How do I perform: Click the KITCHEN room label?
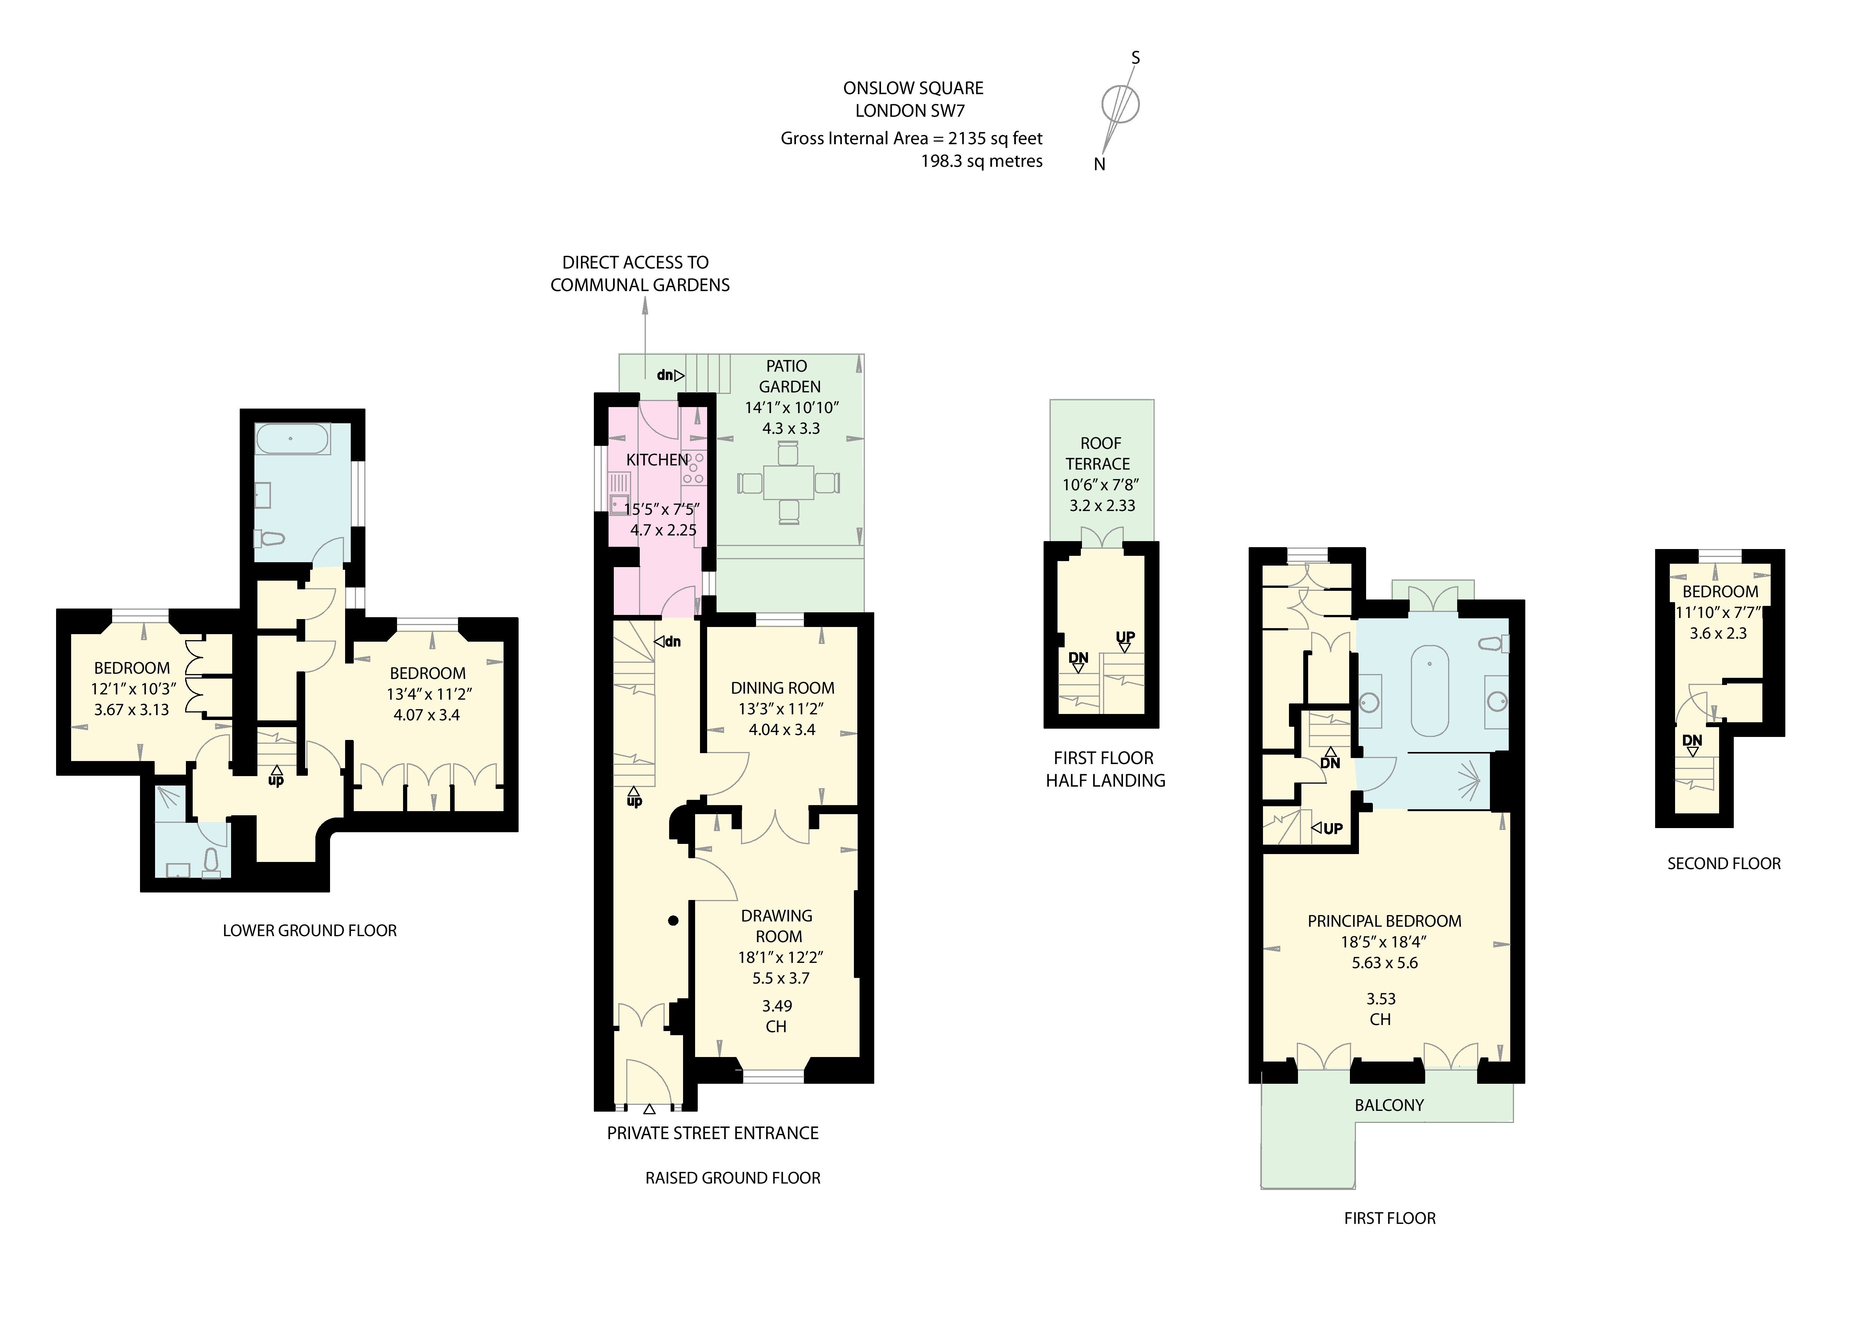coord(657,459)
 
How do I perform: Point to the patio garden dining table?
coord(788,482)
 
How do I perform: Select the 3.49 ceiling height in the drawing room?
coord(776,1006)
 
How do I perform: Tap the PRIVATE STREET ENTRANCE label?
coord(712,1133)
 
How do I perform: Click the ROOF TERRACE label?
coord(1099,453)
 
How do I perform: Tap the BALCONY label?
coord(1389,1106)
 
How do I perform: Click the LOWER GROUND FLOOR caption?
coord(310,930)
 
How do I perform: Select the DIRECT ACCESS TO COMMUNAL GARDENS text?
coord(639,273)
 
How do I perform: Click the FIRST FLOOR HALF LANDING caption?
coord(1104,769)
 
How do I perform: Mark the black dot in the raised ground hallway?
coord(673,921)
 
